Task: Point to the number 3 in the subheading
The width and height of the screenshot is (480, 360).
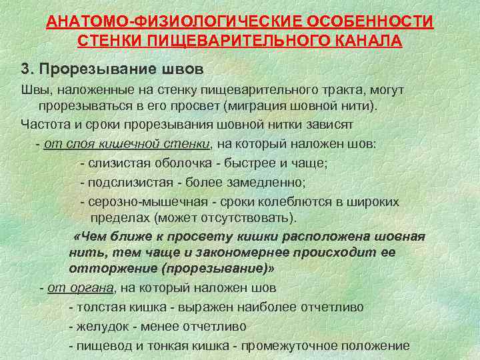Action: (x=25, y=70)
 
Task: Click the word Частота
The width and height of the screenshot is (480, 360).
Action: (x=45, y=124)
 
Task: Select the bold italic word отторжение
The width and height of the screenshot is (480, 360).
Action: (x=103, y=268)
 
